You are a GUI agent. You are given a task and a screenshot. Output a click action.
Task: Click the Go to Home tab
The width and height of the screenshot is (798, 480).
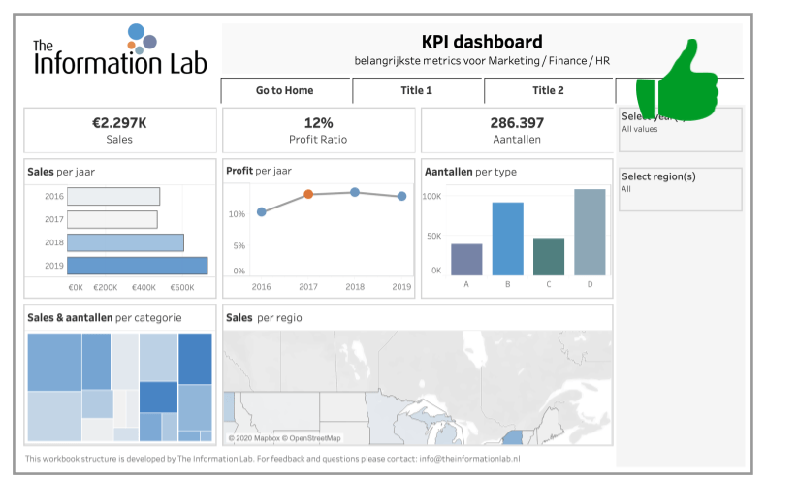pos(285,90)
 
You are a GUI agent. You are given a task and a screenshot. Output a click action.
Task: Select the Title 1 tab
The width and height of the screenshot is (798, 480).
pos(416,90)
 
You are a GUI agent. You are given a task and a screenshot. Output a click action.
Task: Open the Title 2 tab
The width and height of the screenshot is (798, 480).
pos(548,90)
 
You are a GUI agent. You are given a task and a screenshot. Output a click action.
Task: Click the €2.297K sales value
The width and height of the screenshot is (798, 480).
pos(119,123)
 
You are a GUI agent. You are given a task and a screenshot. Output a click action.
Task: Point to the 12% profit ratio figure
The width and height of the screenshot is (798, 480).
pos(318,123)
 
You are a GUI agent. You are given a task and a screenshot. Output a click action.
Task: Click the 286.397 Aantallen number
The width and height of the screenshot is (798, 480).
pos(517,123)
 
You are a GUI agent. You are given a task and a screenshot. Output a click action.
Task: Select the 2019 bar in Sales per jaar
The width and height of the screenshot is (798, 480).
pos(137,266)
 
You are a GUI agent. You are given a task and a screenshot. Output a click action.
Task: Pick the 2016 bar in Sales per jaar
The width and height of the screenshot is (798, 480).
pos(113,196)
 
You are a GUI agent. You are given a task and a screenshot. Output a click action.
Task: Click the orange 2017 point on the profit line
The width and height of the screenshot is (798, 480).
pos(308,194)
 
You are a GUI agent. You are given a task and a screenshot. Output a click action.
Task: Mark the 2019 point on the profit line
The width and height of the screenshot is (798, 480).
pos(401,197)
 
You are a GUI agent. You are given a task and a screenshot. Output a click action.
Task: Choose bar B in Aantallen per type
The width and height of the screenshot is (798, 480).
pos(507,239)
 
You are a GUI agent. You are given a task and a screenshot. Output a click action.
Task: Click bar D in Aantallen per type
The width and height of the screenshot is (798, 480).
pos(590,232)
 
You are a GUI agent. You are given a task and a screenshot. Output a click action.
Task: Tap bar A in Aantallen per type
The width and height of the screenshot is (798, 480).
pos(466,259)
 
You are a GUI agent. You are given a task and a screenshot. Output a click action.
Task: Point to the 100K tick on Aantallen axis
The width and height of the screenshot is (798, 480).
pos(431,196)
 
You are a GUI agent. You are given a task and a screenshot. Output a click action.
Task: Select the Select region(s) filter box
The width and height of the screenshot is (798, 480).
pos(681,189)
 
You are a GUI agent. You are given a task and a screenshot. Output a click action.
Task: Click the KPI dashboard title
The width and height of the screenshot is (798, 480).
pos(482,42)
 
